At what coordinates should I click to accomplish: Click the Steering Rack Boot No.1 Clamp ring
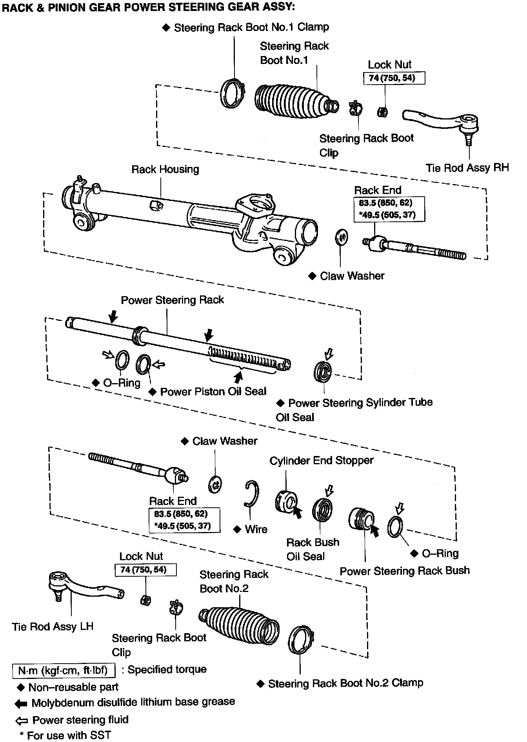point(232,94)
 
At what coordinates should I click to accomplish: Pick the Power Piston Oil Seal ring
point(143,365)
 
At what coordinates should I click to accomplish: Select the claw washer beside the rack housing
point(341,237)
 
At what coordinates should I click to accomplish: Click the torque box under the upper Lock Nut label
point(394,78)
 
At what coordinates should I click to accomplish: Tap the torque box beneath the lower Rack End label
point(184,520)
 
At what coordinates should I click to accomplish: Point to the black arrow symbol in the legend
point(21,704)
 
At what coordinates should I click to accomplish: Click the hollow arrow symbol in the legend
point(21,721)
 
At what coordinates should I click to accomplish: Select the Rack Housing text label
point(165,169)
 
